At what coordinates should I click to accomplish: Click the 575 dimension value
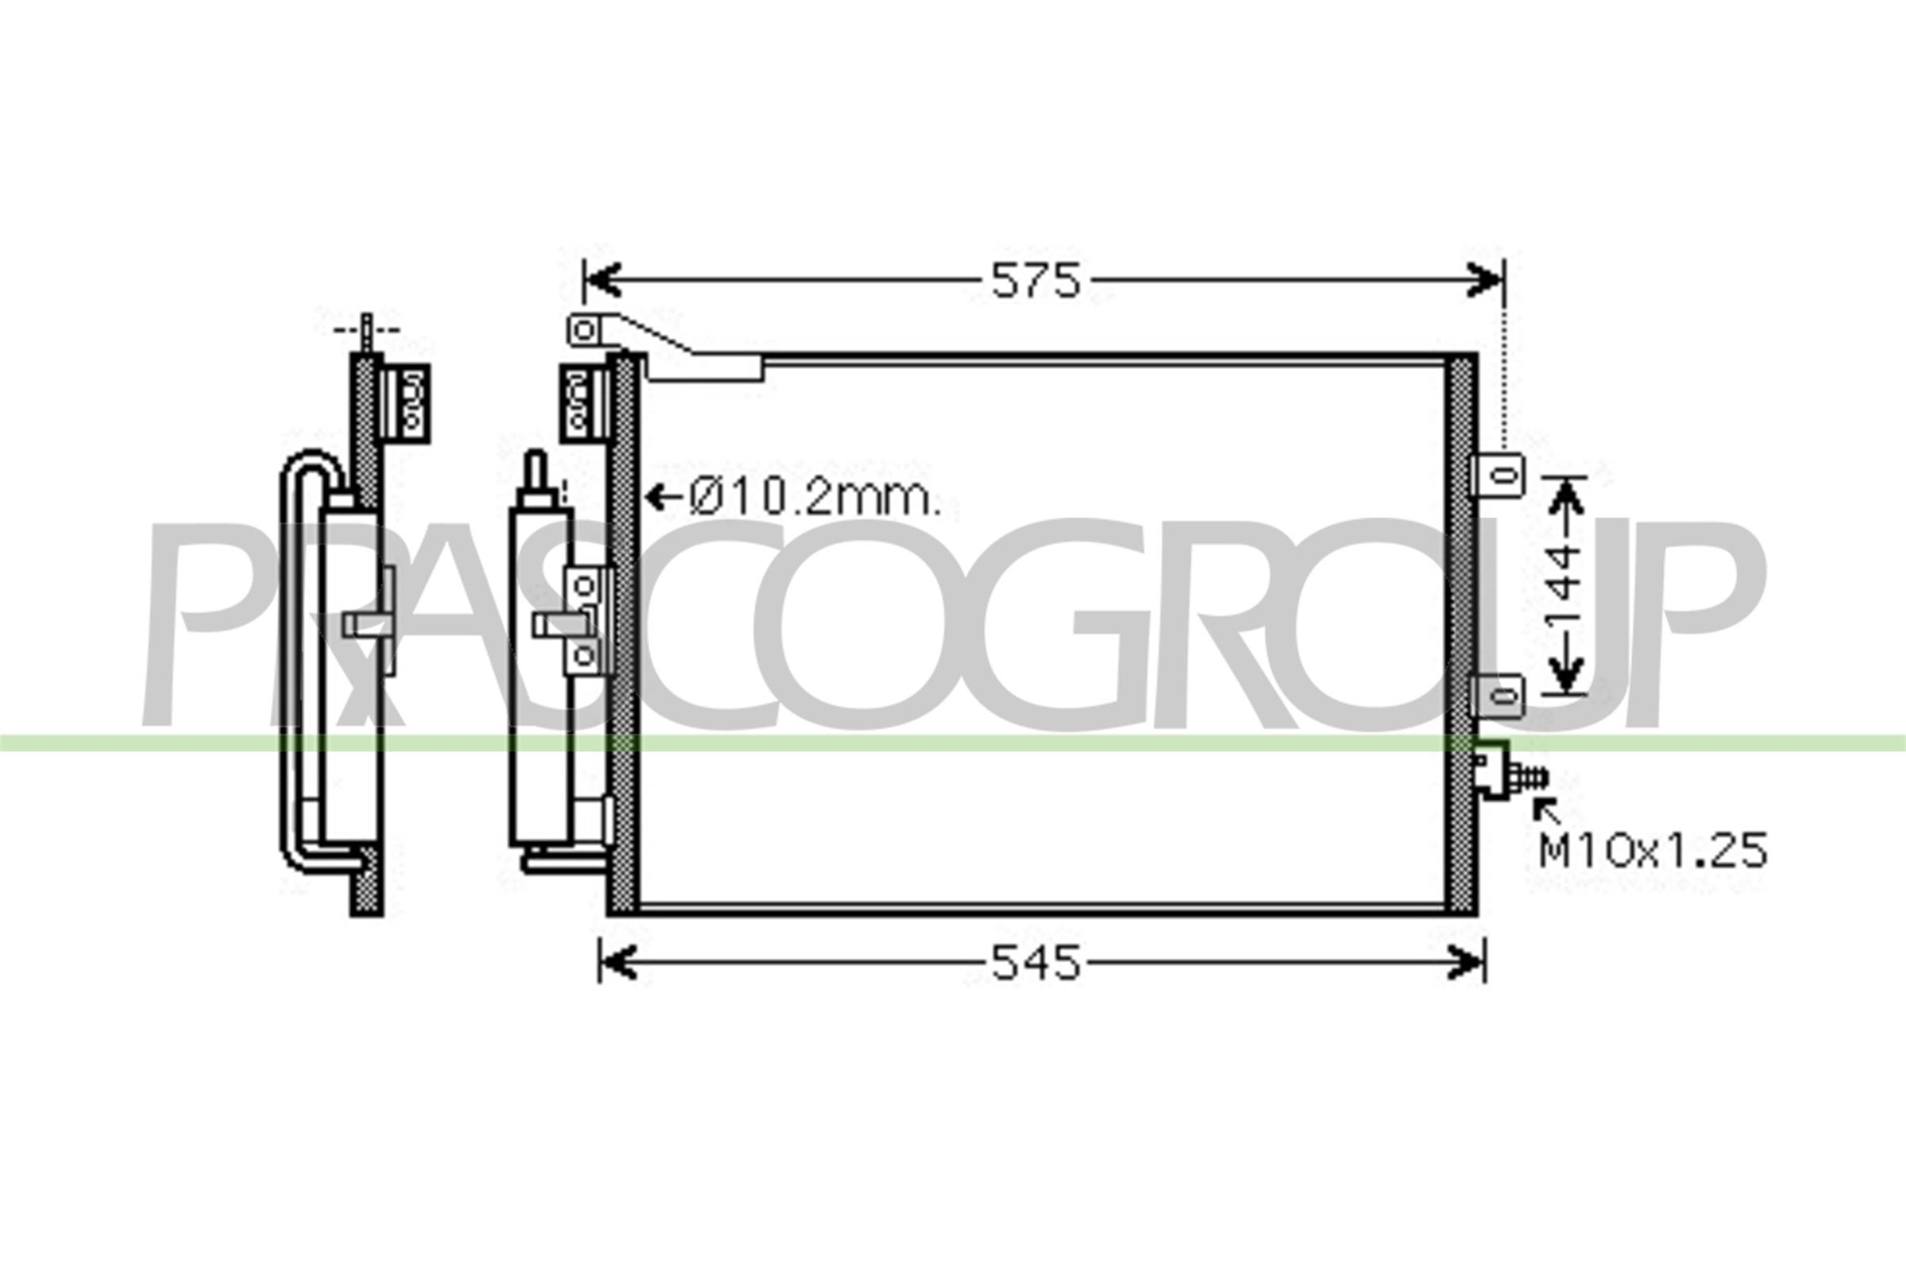click(x=1036, y=281)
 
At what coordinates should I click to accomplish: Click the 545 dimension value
click(x=1036, y=964)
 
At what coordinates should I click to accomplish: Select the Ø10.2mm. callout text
click(x=815, y=498)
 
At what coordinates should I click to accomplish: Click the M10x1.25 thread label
click(x=1653, y=851)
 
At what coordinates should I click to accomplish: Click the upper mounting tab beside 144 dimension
click(x=1499, y=475)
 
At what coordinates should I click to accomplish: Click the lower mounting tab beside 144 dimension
click(x=1499, y=696)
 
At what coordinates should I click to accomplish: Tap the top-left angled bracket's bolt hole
click(x=585, y=330)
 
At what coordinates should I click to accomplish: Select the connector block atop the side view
click(x=404, y=402)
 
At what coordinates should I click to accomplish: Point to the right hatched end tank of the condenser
click(x=1460, y=632)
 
